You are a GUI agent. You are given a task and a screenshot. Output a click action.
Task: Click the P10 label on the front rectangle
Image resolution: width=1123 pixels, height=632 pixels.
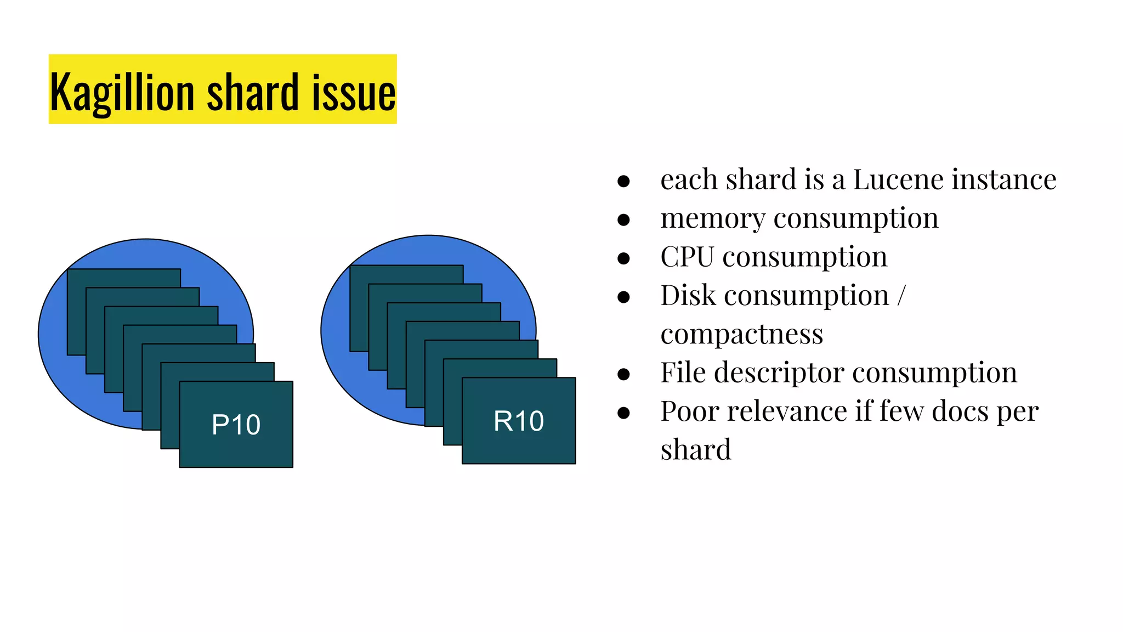coord(236,425)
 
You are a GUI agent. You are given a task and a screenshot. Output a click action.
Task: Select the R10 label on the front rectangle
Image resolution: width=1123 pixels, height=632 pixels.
coord(519,421)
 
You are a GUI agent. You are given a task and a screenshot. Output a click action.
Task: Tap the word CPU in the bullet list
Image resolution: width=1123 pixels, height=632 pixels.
coord(687,257)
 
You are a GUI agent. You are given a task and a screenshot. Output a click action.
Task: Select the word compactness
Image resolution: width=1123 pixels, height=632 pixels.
coord(741,334)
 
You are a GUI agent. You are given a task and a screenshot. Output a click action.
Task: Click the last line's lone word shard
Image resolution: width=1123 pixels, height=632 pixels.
coord(695,449)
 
